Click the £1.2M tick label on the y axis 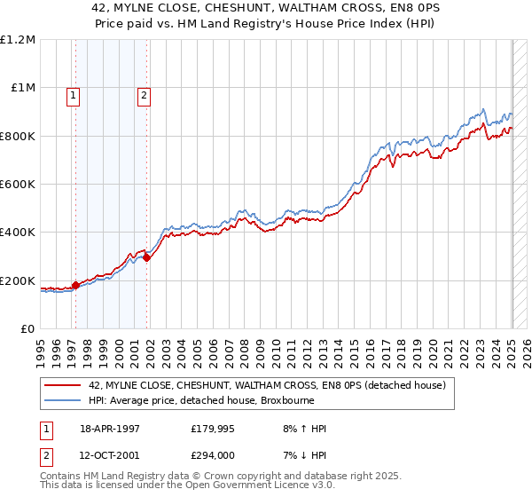tap(18, 40)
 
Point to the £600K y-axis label tap(18, 185)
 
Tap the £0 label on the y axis tap(28, 329)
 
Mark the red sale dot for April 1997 tap(76, 285)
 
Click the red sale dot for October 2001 tap(147, 258)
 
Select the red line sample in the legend tap(63, 385)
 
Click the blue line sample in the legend tap(63, 400)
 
